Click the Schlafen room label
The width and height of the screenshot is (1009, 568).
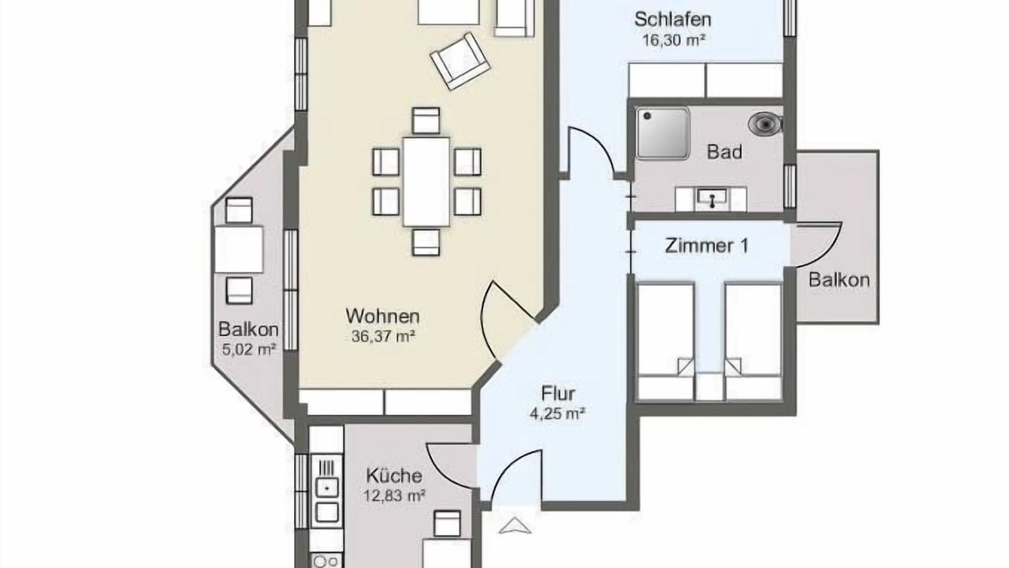point(673,20)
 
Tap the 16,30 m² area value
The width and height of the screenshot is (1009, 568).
point(673,40)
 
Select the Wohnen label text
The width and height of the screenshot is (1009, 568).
point(382,316)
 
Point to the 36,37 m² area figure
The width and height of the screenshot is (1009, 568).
point(383,336)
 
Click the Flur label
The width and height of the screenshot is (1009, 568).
point(558,394)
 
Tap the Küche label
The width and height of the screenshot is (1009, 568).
point(394,476)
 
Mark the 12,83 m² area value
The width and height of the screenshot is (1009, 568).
point(395,496)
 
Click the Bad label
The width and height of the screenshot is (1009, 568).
point(724,152)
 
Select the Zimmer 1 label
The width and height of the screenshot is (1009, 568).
point(706,245)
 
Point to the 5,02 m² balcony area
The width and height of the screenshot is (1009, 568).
point(248,349)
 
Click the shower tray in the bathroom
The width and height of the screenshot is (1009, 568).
point(663,133)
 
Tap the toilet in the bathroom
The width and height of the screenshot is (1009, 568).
point(765,124)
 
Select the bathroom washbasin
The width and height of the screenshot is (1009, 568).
point(711,198)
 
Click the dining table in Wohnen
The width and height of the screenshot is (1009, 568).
point(426,181)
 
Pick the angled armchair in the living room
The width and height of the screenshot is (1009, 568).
point(460,61)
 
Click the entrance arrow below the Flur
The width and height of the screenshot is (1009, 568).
point(515,525)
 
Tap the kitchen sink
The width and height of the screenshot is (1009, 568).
point(327,488)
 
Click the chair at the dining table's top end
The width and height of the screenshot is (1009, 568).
point(426,121)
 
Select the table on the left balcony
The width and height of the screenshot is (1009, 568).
point(239,249)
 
